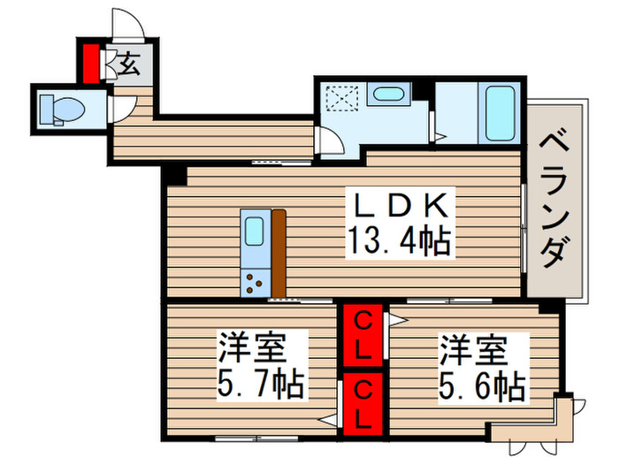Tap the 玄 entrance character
(129, 63)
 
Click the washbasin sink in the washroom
(386, 95)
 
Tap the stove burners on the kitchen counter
(254, 282)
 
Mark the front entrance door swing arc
(125, 24)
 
